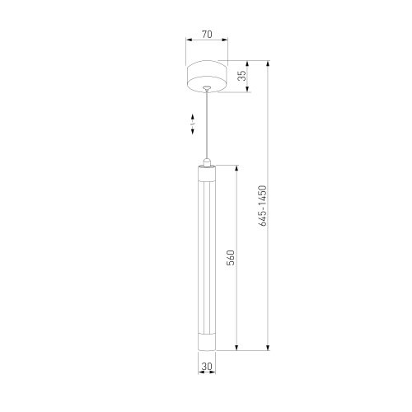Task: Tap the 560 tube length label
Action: (x=232, y=257)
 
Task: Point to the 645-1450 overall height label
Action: (x=262, y=206)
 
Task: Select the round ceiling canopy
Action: (x=206, y=75)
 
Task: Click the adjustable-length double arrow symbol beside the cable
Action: (x=193, y=124)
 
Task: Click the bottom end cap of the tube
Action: (x=206, y=341)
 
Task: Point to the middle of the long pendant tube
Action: (x=206, y=255)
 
